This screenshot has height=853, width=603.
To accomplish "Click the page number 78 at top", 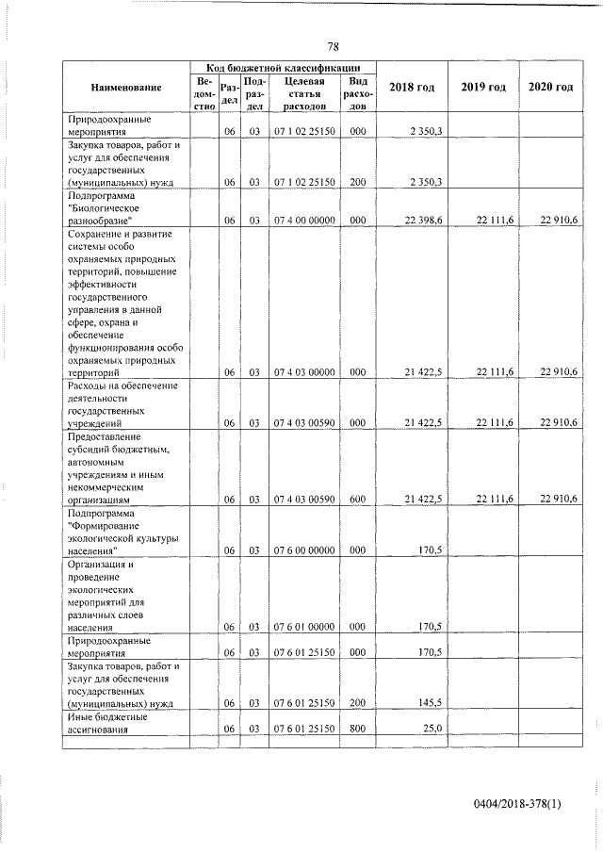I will [333, 46].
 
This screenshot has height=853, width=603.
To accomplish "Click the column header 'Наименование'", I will [126, 88].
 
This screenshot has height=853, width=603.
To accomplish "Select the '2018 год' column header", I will [412, 88].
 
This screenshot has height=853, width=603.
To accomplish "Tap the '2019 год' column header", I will [483, 88].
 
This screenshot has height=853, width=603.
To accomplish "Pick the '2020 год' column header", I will [551, 88].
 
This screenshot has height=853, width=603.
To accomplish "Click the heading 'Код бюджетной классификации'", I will [283, 68].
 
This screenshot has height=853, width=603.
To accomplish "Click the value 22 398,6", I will [423, 220].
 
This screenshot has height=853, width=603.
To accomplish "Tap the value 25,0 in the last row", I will [431, 729].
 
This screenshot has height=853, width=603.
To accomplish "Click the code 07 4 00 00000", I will [302, 220].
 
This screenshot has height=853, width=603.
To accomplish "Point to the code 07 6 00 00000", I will [302, 550].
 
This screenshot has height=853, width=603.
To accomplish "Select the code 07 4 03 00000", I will [302, 373].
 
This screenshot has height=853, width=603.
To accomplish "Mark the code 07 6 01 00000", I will [302, 627].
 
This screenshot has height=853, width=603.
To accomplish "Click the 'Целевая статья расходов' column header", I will [302, 94].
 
